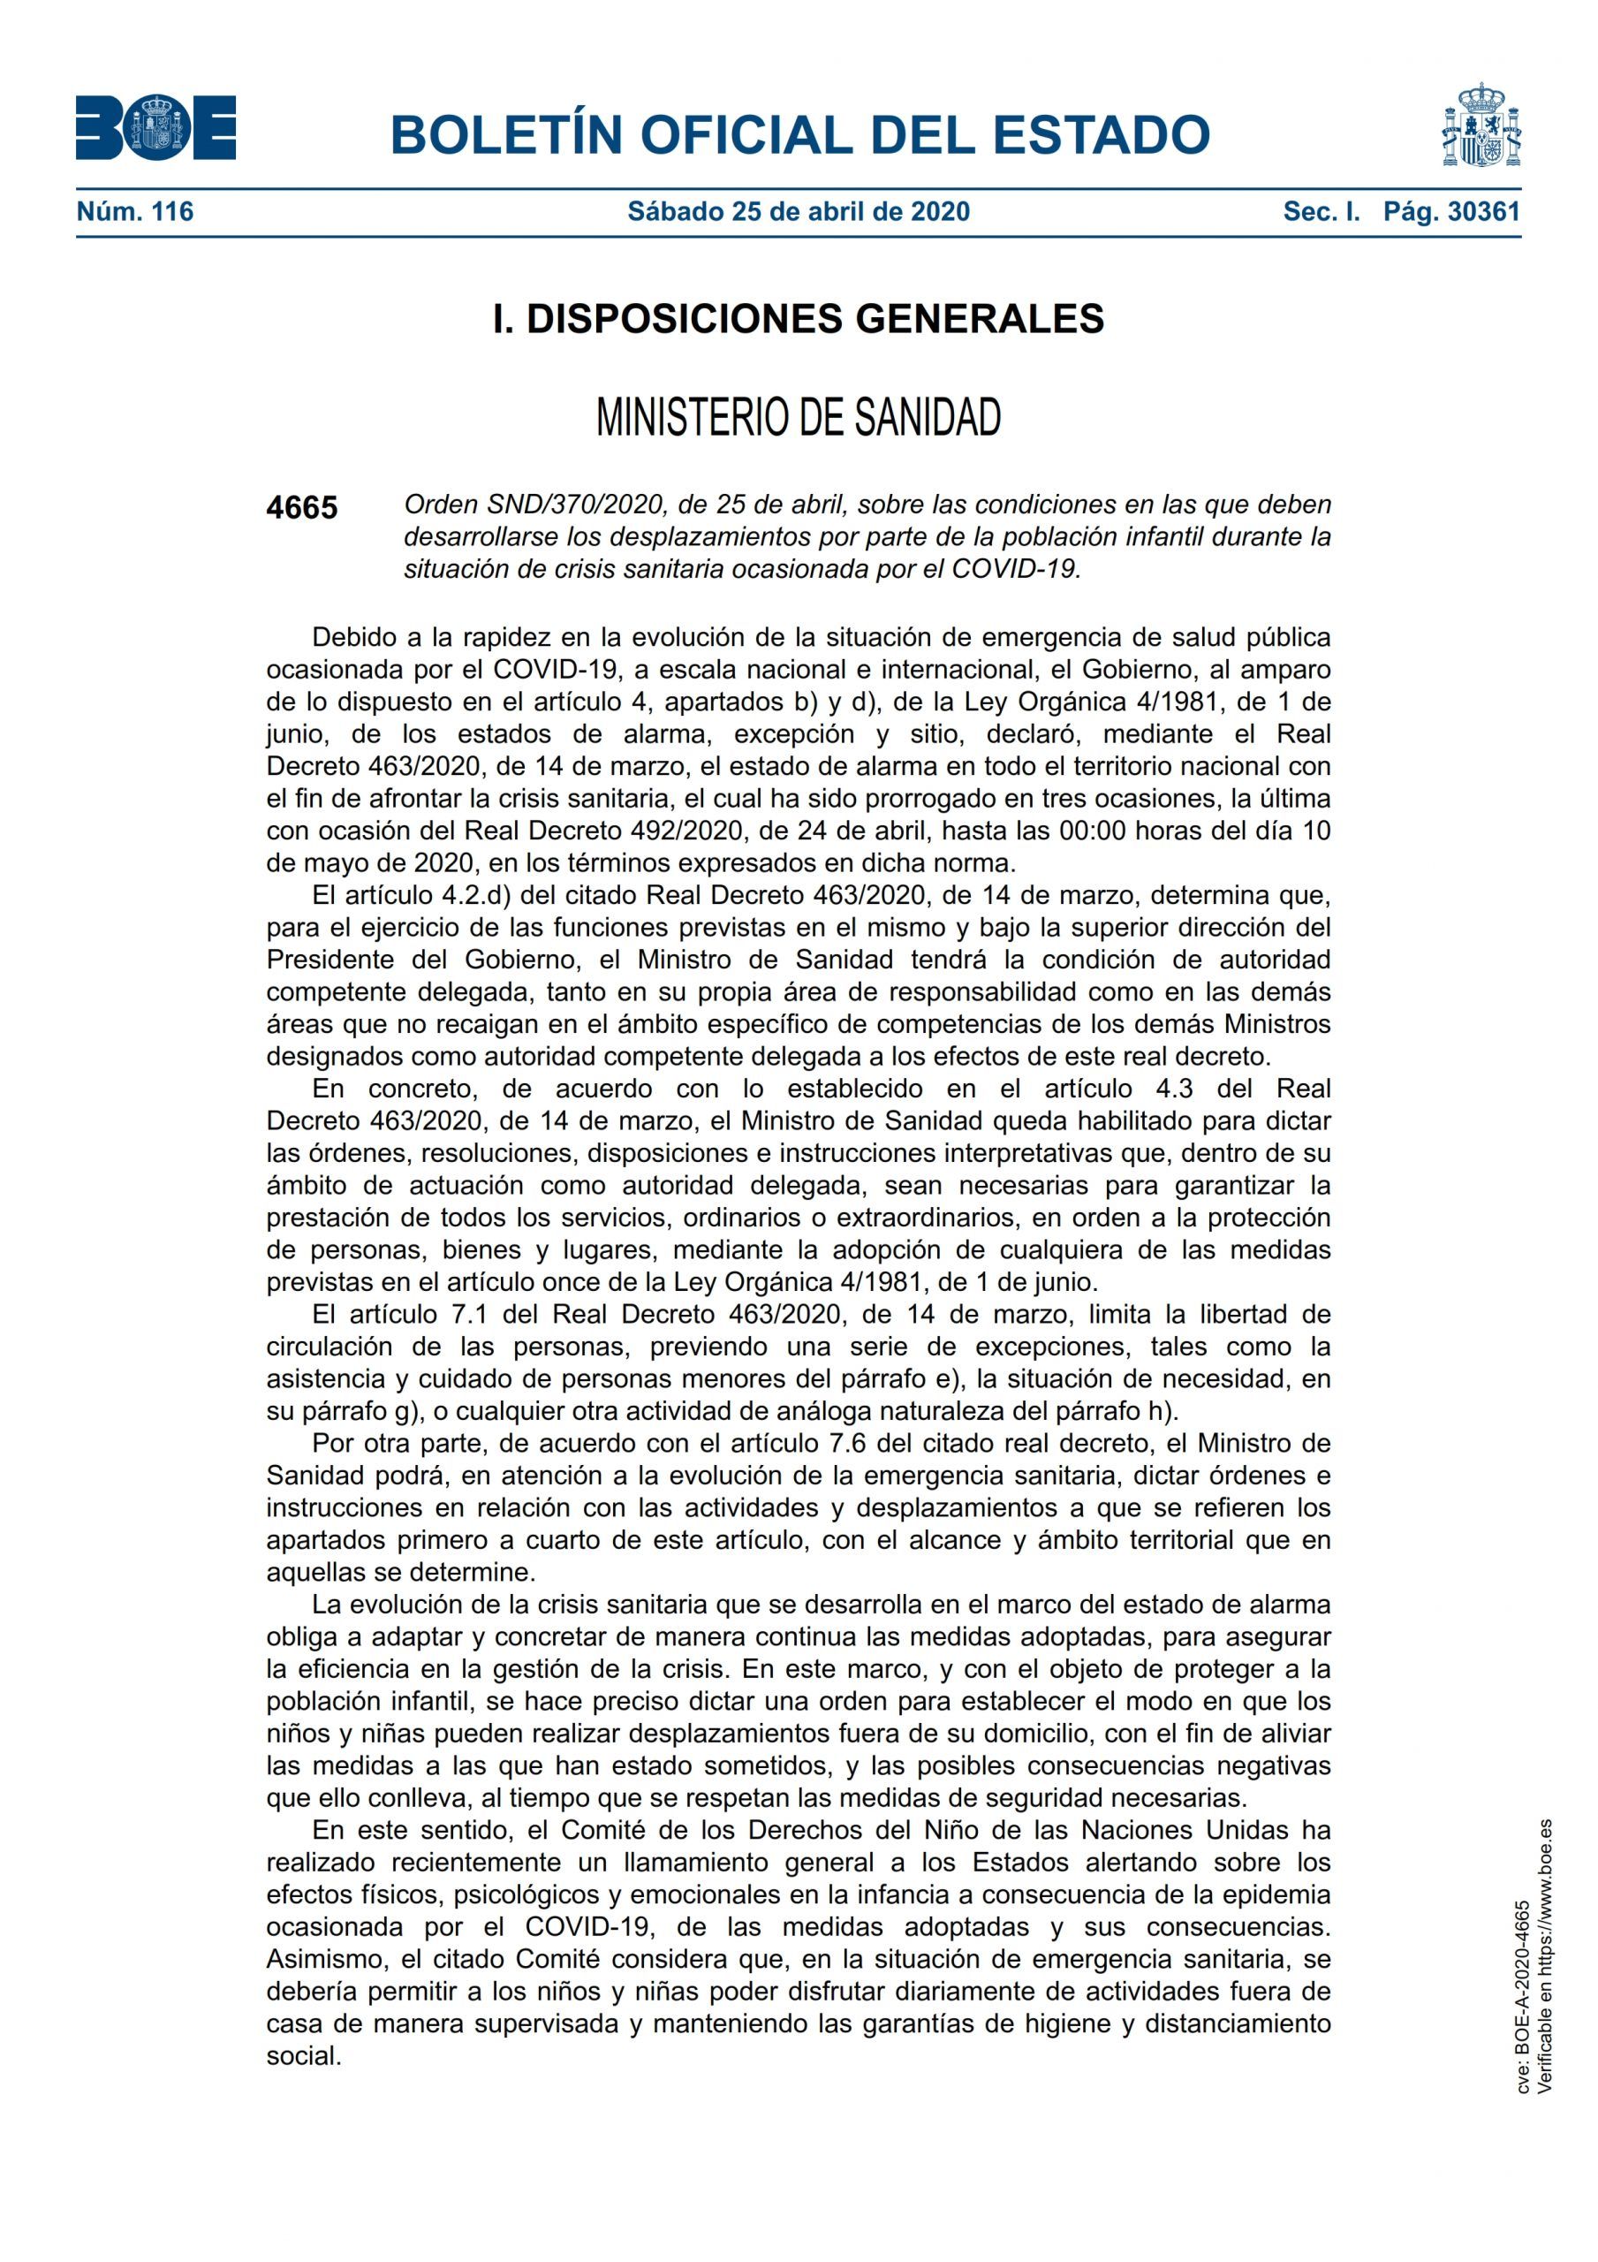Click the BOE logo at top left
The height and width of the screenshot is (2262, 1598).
pyautogui.click(x=155, y=128)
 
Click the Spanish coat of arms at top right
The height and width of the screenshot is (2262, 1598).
pyautogui.click(x=1481, y=127)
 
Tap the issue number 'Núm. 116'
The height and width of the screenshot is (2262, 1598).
pyautogui.click(x=135, y=211)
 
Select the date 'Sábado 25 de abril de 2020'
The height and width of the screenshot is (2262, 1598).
pyautogui.click(x=798, y=211)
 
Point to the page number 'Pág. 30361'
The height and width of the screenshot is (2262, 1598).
pyautogui.click(x=1451, y=211)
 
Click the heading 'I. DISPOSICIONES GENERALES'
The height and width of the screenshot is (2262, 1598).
pyautogui.click(x=798, y=318)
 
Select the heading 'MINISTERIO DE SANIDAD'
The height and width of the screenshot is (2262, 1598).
pyautogui.click(x=798, y=418)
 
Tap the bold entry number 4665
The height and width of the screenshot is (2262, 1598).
pyautogui.click(x=301, y=507)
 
